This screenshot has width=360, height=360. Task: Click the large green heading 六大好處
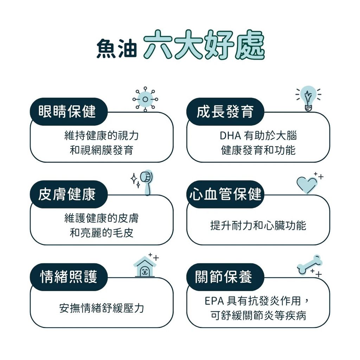[204, 45]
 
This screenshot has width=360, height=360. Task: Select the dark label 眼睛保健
[69, 111]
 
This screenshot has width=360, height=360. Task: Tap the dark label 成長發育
[225, 111]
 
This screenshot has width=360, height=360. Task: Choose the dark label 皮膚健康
[69, 194]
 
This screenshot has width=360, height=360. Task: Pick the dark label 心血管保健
[225, 194]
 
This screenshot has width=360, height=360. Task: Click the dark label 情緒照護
[69, 277]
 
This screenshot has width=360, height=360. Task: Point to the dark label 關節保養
[225, 277]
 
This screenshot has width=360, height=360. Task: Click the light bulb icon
[308, 98]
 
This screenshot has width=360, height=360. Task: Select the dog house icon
[144, 267]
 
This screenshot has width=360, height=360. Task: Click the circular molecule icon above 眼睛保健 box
[145, 99]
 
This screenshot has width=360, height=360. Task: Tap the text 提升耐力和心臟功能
[258, 225]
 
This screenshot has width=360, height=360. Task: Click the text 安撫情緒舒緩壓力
[102, 308]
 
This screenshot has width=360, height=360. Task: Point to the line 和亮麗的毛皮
[102, 233]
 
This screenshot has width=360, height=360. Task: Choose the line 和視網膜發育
[102, 150]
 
